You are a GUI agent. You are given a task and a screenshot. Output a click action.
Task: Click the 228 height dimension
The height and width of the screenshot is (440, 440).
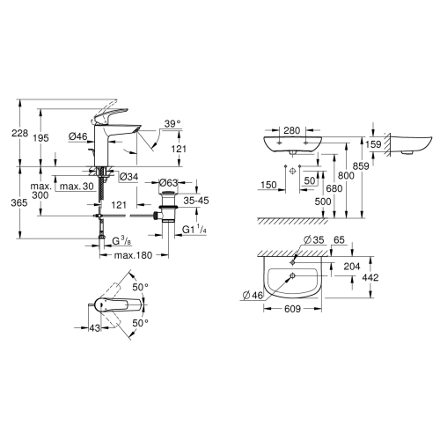coord(19,133)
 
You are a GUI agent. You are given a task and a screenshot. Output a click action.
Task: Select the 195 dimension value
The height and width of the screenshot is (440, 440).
coord(40,137)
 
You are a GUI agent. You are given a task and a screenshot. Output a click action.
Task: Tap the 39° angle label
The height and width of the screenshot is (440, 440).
coord(172,124)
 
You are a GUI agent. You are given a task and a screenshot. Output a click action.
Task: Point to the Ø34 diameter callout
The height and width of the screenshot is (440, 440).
coord(128,177)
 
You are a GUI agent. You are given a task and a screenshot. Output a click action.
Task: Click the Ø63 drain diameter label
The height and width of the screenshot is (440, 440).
coord(168,183)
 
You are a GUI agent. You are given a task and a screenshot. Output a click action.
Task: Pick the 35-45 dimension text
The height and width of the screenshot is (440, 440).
coord(196,201)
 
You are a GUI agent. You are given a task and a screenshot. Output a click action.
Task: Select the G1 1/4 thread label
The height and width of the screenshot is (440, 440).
coord(194,229)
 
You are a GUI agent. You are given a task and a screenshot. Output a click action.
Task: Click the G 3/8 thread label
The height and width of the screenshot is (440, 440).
coord(121,241)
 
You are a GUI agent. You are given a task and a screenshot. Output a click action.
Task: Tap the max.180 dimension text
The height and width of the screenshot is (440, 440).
coord(133,255)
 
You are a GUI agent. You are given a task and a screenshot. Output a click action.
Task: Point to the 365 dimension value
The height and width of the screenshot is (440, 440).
coord(19,202)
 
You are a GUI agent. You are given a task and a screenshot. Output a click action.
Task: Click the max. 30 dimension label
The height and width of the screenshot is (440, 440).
coord(77,186)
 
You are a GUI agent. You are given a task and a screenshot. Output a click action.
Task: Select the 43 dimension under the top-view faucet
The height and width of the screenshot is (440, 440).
coord(94,328)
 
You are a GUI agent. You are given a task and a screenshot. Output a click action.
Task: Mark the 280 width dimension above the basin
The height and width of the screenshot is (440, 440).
coord(292,130)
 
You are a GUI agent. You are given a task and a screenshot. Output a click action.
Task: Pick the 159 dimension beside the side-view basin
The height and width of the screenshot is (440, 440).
coord(373,144)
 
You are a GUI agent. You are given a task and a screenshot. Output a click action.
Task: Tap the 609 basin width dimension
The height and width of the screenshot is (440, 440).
coord(292,309)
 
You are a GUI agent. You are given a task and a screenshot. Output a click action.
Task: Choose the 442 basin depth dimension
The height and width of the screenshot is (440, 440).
coord(370,277)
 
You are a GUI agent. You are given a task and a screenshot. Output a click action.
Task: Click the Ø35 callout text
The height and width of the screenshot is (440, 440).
coord(314,240)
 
